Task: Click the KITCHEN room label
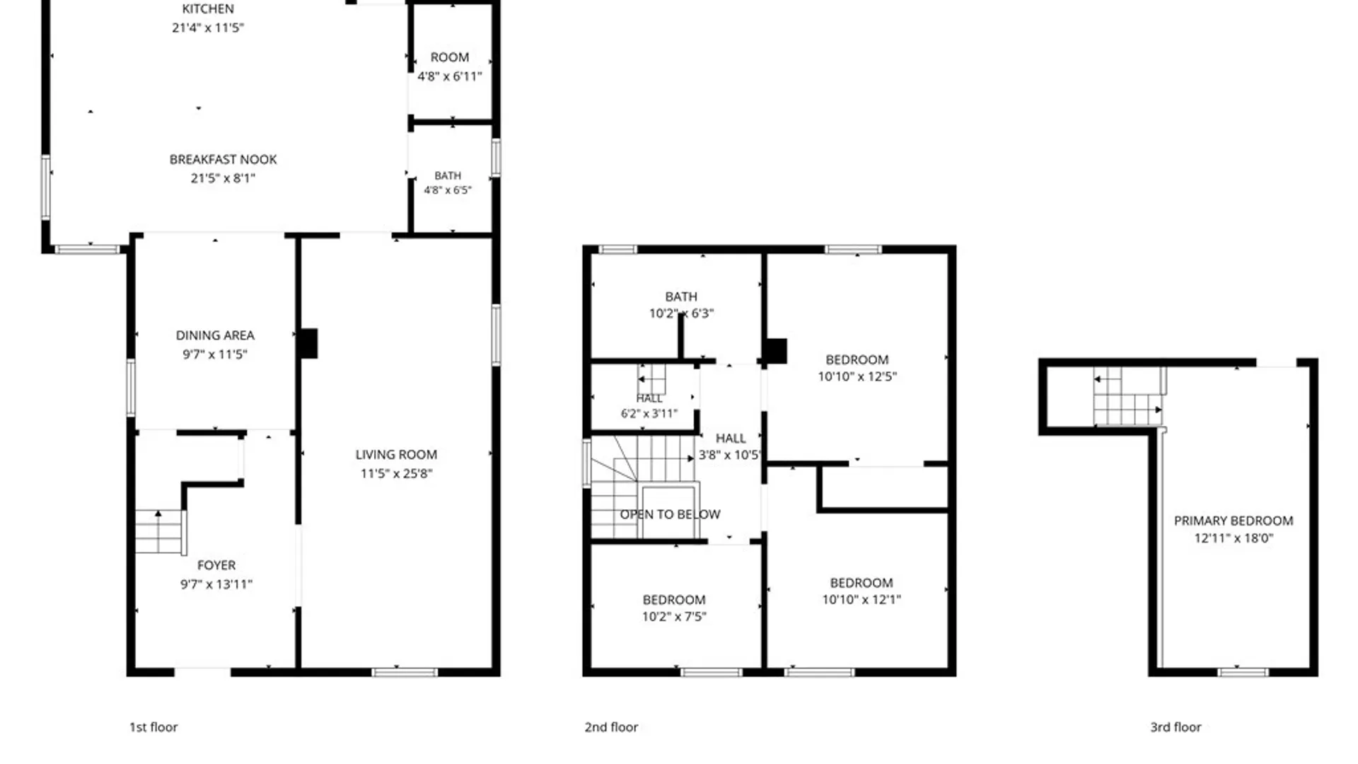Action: [x=208, y=9]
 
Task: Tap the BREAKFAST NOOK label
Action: [x=223, y=160]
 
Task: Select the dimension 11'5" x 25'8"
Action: [x=396, y=473]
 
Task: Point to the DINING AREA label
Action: [x=215, y=335]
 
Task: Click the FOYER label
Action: [x=216, y=565]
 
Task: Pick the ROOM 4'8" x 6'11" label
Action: [x=450, y=66]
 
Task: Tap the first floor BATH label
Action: [x=448, y=175]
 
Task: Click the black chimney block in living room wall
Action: [x=308, y=343]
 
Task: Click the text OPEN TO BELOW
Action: [x=671, y=514]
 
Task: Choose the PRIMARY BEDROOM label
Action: [x=1234, y=521]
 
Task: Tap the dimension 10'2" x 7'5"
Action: [x=674, y=616]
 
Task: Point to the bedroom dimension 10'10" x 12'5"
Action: [x=857, y=376]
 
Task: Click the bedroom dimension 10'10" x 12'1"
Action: [x=861, y=599]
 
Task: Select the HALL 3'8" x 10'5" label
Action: [x=730, y=446]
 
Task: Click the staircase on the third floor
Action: [x=1129, y=396]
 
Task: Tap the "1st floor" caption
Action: [x=153, y=727]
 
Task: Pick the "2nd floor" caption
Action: [x=611, y=727]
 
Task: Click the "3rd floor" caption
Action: [x=1176, y=727]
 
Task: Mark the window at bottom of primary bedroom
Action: [x=1243, y=672]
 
